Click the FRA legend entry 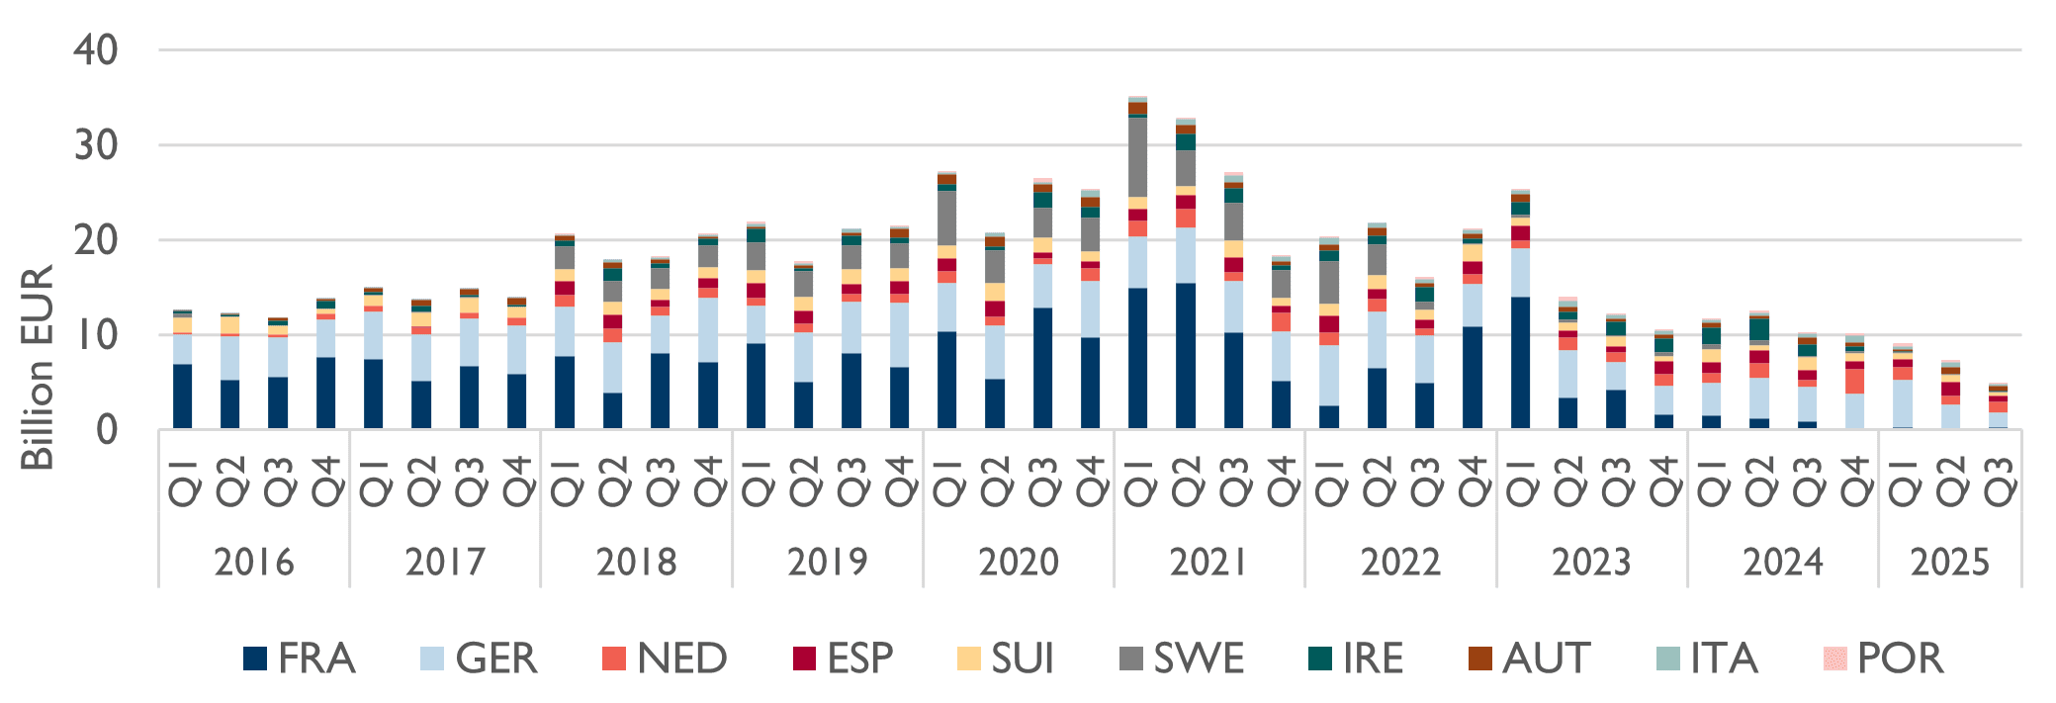point(300,659)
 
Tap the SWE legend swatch point(1130,659)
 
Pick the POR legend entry point(1885,659)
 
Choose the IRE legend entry point(1355,659)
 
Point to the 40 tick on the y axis point(96,49)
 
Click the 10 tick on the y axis point(96,335)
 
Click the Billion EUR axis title point(38,368)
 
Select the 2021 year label point(1208,562)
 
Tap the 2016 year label point(254,562)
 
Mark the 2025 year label point(1949,562)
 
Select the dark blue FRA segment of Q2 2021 point(1185,356)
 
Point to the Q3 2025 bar point(1998,409)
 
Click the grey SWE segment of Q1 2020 point(946,218)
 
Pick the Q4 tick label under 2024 point(1854,481)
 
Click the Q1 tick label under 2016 point(183,481)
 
